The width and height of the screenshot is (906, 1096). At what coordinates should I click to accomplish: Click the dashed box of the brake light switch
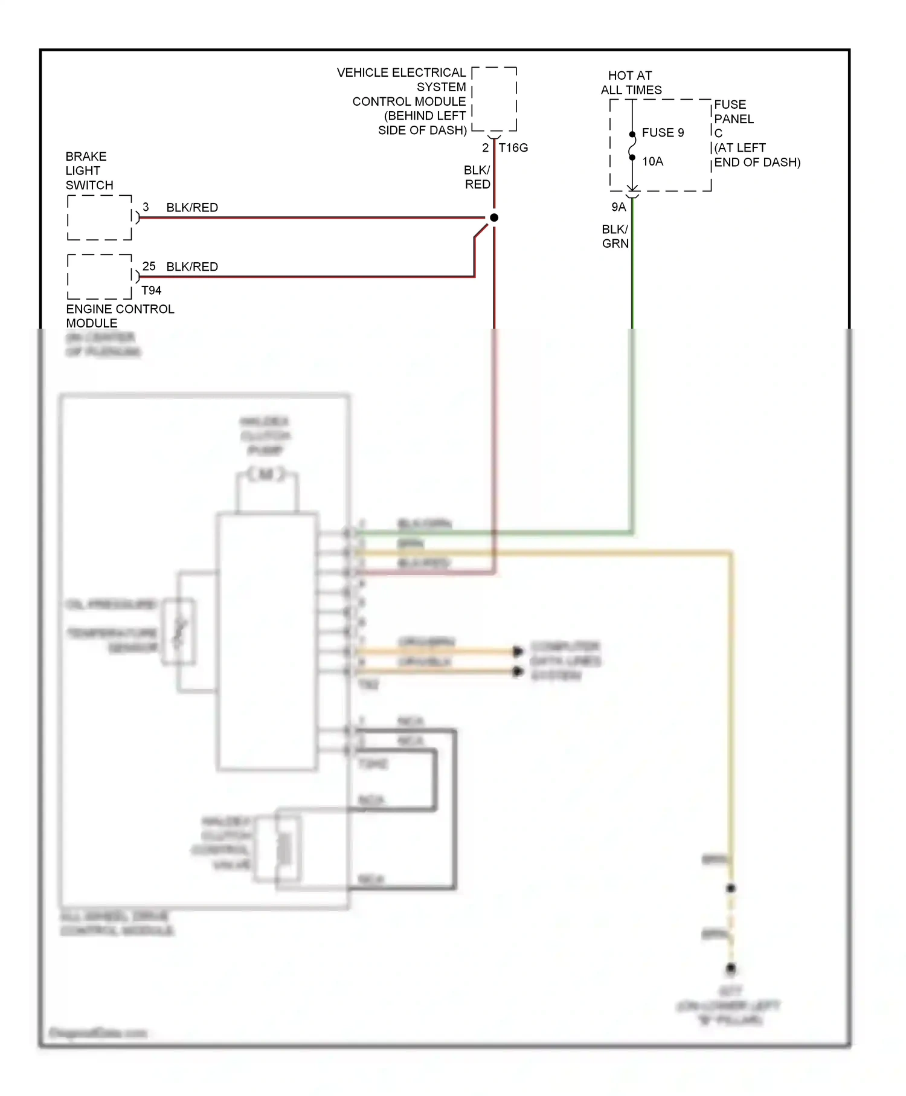100,218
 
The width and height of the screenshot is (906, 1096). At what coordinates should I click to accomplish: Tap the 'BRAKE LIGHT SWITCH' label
89,170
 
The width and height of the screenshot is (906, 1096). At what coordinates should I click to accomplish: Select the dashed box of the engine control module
100,277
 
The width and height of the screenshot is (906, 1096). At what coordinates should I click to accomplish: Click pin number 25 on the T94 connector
149,266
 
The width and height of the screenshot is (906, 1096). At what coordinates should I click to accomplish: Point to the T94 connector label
151,291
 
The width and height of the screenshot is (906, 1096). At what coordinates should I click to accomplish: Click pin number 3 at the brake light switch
146,207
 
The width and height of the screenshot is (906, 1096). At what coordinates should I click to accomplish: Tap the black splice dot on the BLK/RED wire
494,218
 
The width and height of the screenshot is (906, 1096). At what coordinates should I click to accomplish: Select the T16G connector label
513,147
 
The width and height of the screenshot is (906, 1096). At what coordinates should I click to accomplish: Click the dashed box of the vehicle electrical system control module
494,99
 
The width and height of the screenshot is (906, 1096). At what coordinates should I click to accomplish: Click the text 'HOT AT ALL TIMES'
631,83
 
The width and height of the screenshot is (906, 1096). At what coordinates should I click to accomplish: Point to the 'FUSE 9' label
663,132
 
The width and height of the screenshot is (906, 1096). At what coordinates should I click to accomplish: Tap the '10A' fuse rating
652,161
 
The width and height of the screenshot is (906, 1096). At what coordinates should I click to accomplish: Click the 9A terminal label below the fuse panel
618,207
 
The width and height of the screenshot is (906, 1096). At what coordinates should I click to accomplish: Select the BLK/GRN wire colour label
615,236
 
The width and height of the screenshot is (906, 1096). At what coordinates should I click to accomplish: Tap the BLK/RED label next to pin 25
192,266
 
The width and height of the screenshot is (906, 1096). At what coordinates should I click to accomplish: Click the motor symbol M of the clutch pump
266,474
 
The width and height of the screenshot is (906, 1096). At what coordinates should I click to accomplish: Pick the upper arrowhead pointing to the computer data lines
518,651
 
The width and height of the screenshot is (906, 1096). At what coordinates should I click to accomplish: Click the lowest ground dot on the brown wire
731,969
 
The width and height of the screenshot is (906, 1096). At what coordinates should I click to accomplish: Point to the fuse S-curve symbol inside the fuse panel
632,146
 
